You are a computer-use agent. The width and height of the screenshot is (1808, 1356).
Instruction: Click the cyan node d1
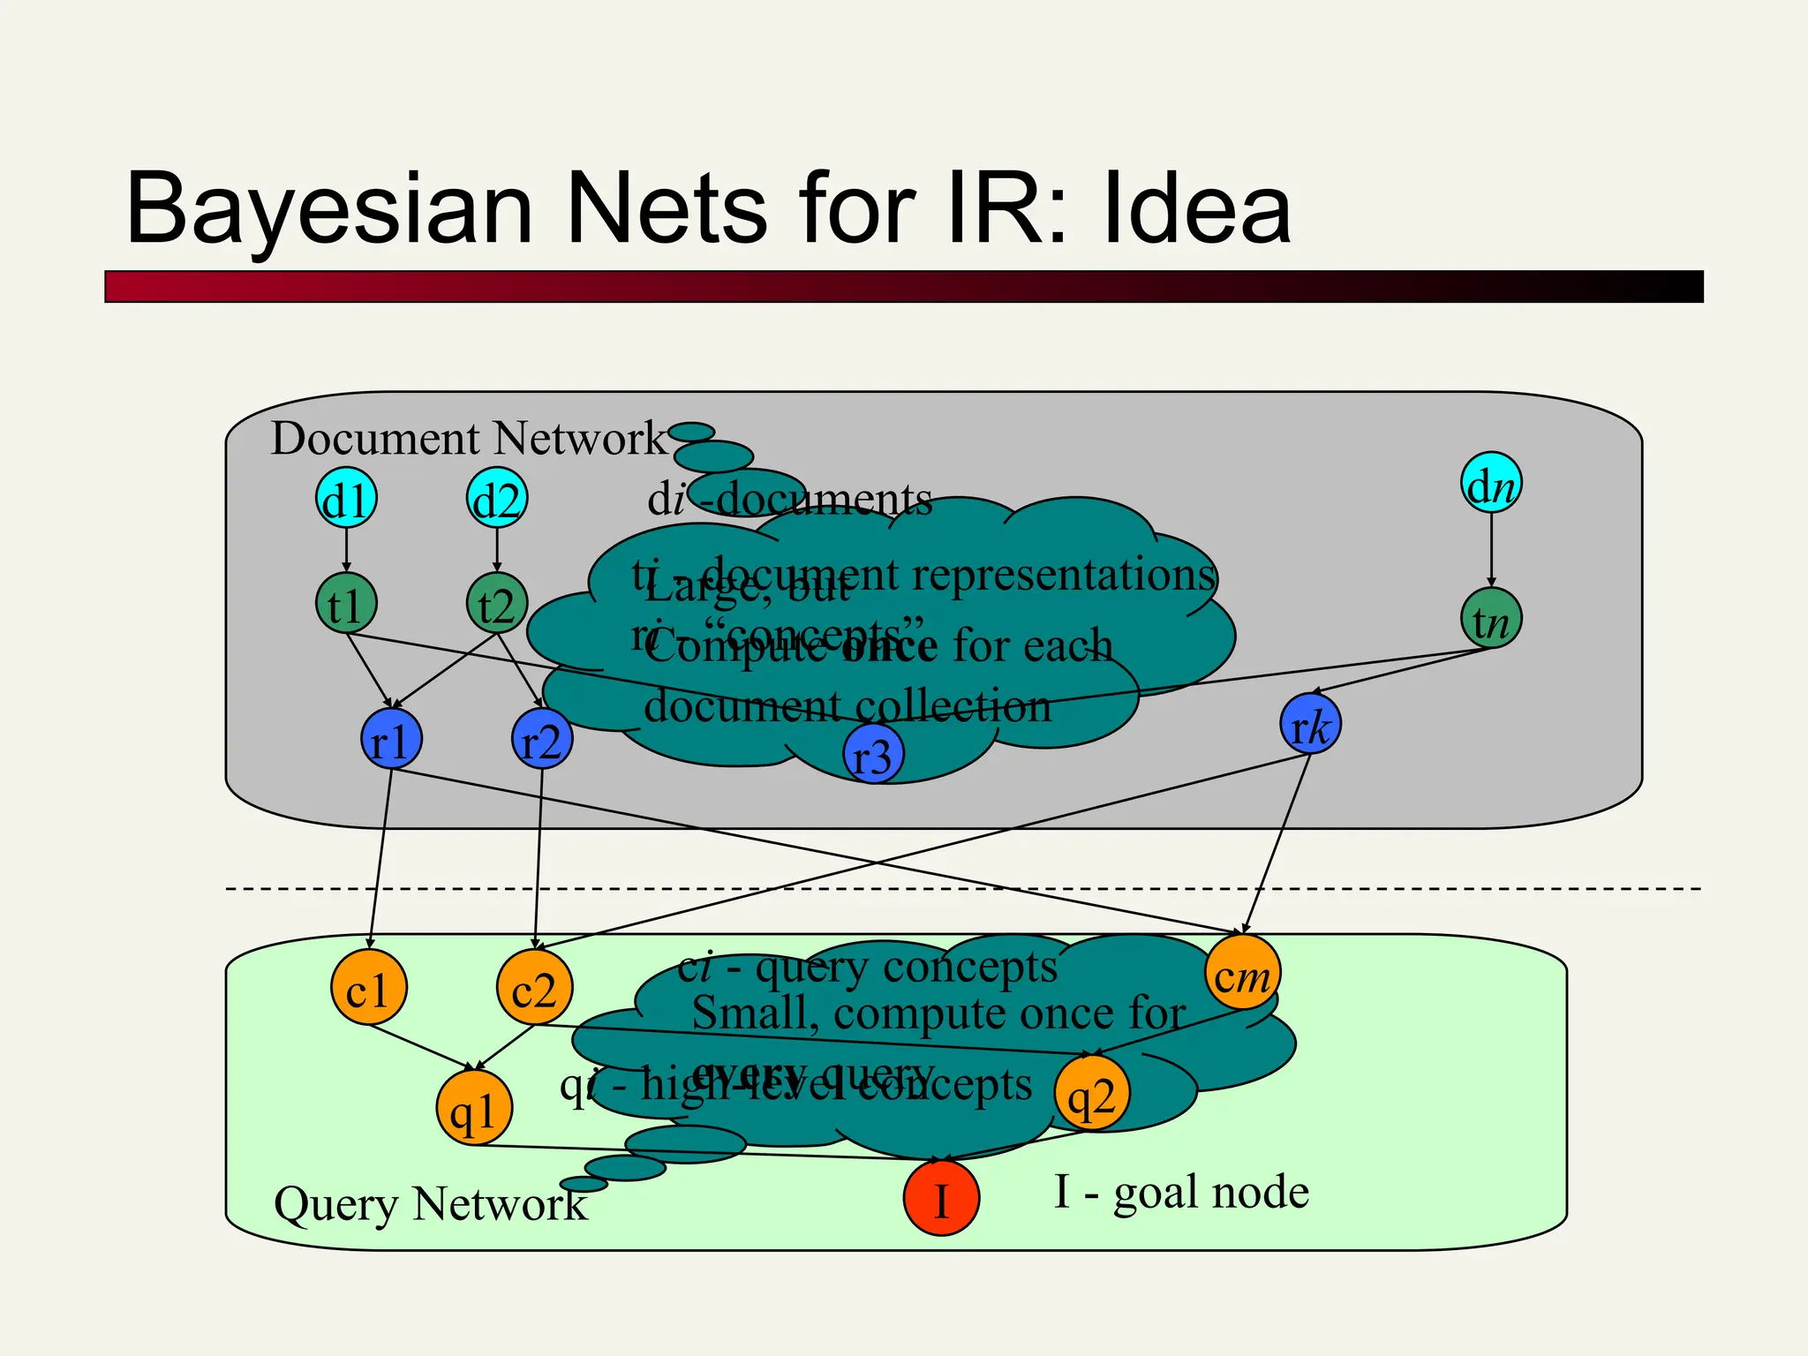pyautogui.click(x=346, y=498)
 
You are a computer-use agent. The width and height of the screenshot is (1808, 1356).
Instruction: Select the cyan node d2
pyautogui.click(x=497, y=498)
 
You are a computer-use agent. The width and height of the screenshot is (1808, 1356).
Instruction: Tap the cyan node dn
pyautogui.click(x=1491, y=483)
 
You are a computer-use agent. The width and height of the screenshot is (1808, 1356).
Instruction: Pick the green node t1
pyautogui.click(x=346, y=604)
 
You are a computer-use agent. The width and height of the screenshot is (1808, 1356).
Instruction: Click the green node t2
pyautogui.click(x=497, y=604)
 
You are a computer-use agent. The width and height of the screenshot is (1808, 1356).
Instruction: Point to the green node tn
pyautogui.click(x=1491, y=618)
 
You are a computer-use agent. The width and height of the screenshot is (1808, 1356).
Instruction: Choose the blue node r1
pyautogui.click(x=391, y=739)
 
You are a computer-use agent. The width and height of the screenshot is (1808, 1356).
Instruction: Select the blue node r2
pyautogui.click(x=542, y=739)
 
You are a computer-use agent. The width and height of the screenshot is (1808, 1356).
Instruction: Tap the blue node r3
pyautogui.click(x=872, y=754)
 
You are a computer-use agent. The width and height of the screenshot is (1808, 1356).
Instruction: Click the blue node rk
pyautogui.click(x=1310, y=724)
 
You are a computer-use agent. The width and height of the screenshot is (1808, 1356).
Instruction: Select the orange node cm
pyautogui.click(x=1242, y=972)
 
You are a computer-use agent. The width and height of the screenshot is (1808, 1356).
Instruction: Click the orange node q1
pyautogui.click(x=474, y=1108)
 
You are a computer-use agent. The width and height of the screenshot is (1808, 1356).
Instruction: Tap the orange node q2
pyautogui.click(x=1092, y=1093)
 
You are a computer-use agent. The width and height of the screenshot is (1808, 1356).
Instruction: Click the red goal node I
pyautogui.click(x=941, y=1198)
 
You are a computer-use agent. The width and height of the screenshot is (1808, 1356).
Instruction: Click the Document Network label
pyautogui.click(x=468, y=438)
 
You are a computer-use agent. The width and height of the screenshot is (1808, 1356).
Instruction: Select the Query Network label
pyautogui.click(x=430, y=1203)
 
